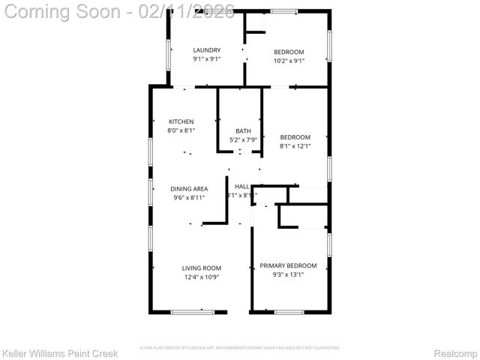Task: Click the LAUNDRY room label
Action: tap(207, 50)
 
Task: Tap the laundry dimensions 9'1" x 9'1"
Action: tap(207, 58)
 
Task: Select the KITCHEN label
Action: tap(181, 121)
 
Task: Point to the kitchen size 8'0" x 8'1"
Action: tap(181, 130)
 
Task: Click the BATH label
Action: tap(243, 130)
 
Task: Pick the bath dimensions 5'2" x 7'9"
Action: tap(243, 139)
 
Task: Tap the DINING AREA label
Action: tap(189, 189)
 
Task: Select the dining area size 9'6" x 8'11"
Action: tap(189, 198)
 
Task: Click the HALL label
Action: tap(241, 187)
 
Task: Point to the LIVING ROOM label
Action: tap(202, 268)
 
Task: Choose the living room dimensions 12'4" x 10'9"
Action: tap(202, 277)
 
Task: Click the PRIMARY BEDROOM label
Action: tap(288, 265)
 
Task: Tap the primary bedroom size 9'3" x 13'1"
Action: tap(288, 274)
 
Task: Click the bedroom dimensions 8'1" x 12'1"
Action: tap(295, 146)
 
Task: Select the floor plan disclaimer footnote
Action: tap(240, 348)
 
